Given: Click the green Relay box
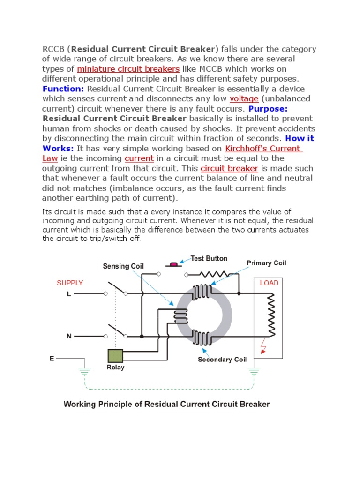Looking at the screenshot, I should [115, 356].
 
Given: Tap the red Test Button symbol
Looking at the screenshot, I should [173, 265].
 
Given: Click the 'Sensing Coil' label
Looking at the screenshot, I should [123, 266].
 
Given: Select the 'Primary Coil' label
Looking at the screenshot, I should [266, 263].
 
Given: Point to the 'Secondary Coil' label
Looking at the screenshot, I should [221, 360].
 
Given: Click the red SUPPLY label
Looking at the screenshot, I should [70, 283].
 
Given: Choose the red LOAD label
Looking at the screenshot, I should [269, 283].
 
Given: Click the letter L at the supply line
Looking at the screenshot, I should [69, 294].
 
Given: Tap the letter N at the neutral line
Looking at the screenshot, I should [69, 336].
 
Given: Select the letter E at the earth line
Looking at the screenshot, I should [52, 359].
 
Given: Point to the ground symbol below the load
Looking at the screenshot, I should [254, 372].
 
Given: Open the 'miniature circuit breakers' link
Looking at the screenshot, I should [128, 69].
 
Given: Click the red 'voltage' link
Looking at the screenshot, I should [244, 99].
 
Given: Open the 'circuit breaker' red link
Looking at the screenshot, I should [229, 168].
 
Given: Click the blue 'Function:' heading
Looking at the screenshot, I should [63, 89].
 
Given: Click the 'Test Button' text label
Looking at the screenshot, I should [209, 258].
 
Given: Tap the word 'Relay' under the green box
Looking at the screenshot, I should [115, 367].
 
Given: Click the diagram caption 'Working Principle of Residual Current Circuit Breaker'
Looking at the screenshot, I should [166, 404].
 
